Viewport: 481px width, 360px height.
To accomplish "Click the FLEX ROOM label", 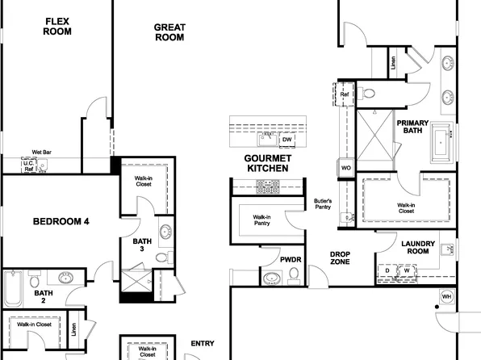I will [x=57, y=27].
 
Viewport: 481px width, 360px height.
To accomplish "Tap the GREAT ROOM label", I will [x=170, y=31].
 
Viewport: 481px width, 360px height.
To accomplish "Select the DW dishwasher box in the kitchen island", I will [x=287, y=140].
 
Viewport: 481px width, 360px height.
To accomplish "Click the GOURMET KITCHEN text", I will [x=267, y=162].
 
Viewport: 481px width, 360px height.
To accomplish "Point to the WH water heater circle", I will [x=446, y=297].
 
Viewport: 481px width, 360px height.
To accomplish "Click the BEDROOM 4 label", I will [x=61, y=221].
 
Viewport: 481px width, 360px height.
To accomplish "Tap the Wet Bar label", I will [x=43, y=152].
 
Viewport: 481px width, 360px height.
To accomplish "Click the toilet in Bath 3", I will [x=161, y=257].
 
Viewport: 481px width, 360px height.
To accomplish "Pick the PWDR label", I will [x=290, y=260].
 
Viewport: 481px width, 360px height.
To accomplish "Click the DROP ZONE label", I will [x=340, y=258].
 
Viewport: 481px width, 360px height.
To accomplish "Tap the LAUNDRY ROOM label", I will [x=418, y=247].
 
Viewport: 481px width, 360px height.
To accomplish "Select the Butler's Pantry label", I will [x=323, y=204].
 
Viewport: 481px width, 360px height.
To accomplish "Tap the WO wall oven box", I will [x=345, y=167].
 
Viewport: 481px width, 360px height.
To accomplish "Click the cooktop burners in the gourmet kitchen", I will [x=267, y=186].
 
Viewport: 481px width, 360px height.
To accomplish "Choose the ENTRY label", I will [x=202, y=343].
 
